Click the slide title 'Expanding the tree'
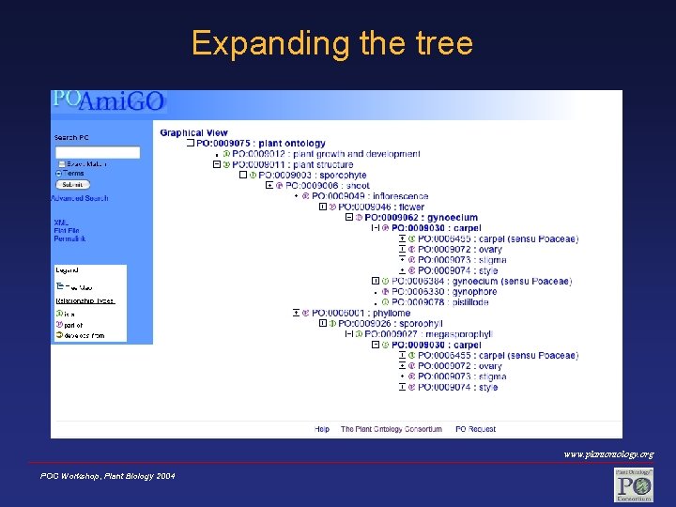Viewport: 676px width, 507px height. click(x=332, y=43)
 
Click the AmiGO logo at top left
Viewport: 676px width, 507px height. click(x=109, y=100)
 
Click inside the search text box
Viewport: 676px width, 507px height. click(x=98, y=152)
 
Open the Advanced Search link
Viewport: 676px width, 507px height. click(x=80, y=198)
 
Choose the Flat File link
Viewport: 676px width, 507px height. click(x=67, y=230)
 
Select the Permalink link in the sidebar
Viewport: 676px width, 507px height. click(x=69, y=239)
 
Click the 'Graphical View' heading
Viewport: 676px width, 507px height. click(x=193, y=132)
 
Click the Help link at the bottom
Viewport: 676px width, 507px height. click(x=322, y=429)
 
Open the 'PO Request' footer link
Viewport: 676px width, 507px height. click(x=475, y=429)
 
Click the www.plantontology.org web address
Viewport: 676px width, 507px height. click(x=608, y=454)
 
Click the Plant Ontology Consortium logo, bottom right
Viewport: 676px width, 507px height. click(x=634, y=484)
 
